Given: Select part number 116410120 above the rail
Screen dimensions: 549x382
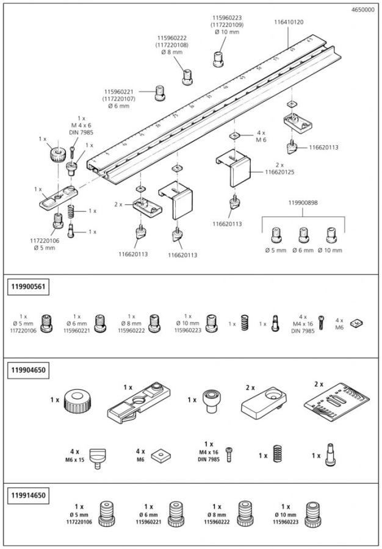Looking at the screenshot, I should click(289, 22).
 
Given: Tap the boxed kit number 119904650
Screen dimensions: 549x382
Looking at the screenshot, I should click(29, 370).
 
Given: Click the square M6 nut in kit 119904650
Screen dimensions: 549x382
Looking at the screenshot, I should click(162, 456).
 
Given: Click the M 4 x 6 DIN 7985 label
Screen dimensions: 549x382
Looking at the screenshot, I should click(81, 126).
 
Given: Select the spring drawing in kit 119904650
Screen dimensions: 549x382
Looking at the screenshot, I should click(278, 456).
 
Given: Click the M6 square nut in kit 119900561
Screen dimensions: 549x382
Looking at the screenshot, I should click(356, 323).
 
